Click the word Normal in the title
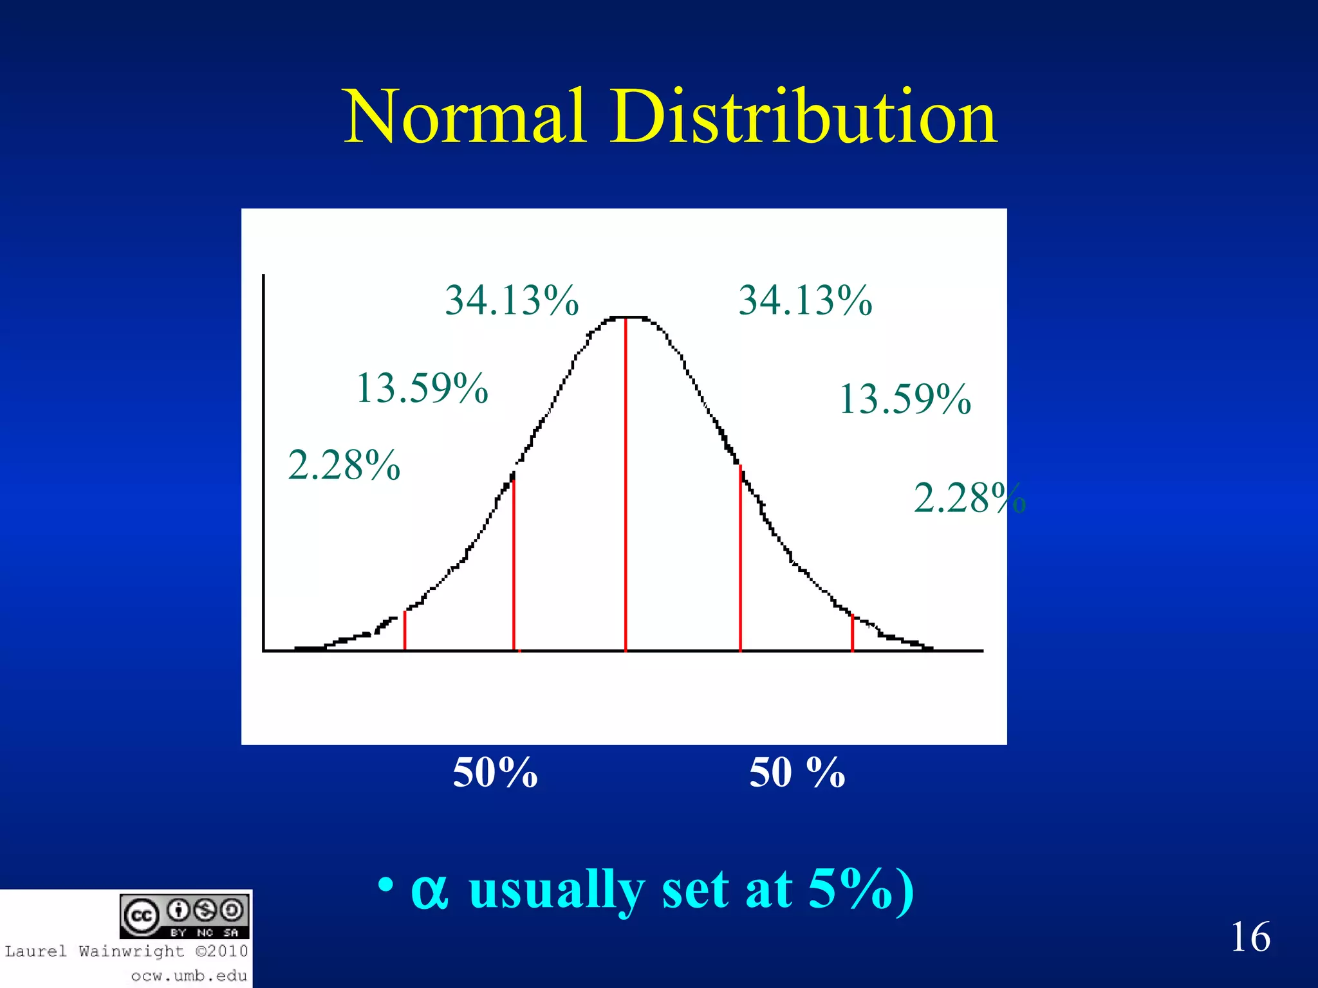464,117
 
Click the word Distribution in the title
804,117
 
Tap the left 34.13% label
512,300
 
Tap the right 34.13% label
805,300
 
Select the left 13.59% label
422,388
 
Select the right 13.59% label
905,399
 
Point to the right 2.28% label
969,498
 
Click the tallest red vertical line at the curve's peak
626,482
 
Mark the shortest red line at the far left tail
405,631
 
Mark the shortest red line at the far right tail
853,633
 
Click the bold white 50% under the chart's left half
495,772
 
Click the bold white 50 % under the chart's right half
797,772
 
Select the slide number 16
1250,937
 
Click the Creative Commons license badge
185,916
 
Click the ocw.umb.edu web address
189,976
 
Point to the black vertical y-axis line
264,463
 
